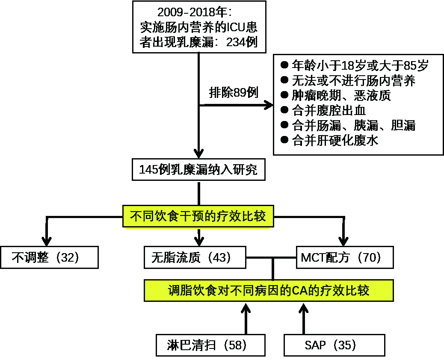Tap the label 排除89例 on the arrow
(234, 93)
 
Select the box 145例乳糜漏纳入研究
(198, 170)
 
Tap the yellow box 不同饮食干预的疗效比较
(198, 216)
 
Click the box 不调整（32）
(49, 257)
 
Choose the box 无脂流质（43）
(195, 257)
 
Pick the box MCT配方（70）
(344, 257)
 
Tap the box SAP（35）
(334, 345)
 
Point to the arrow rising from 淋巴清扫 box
(246, 319)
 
